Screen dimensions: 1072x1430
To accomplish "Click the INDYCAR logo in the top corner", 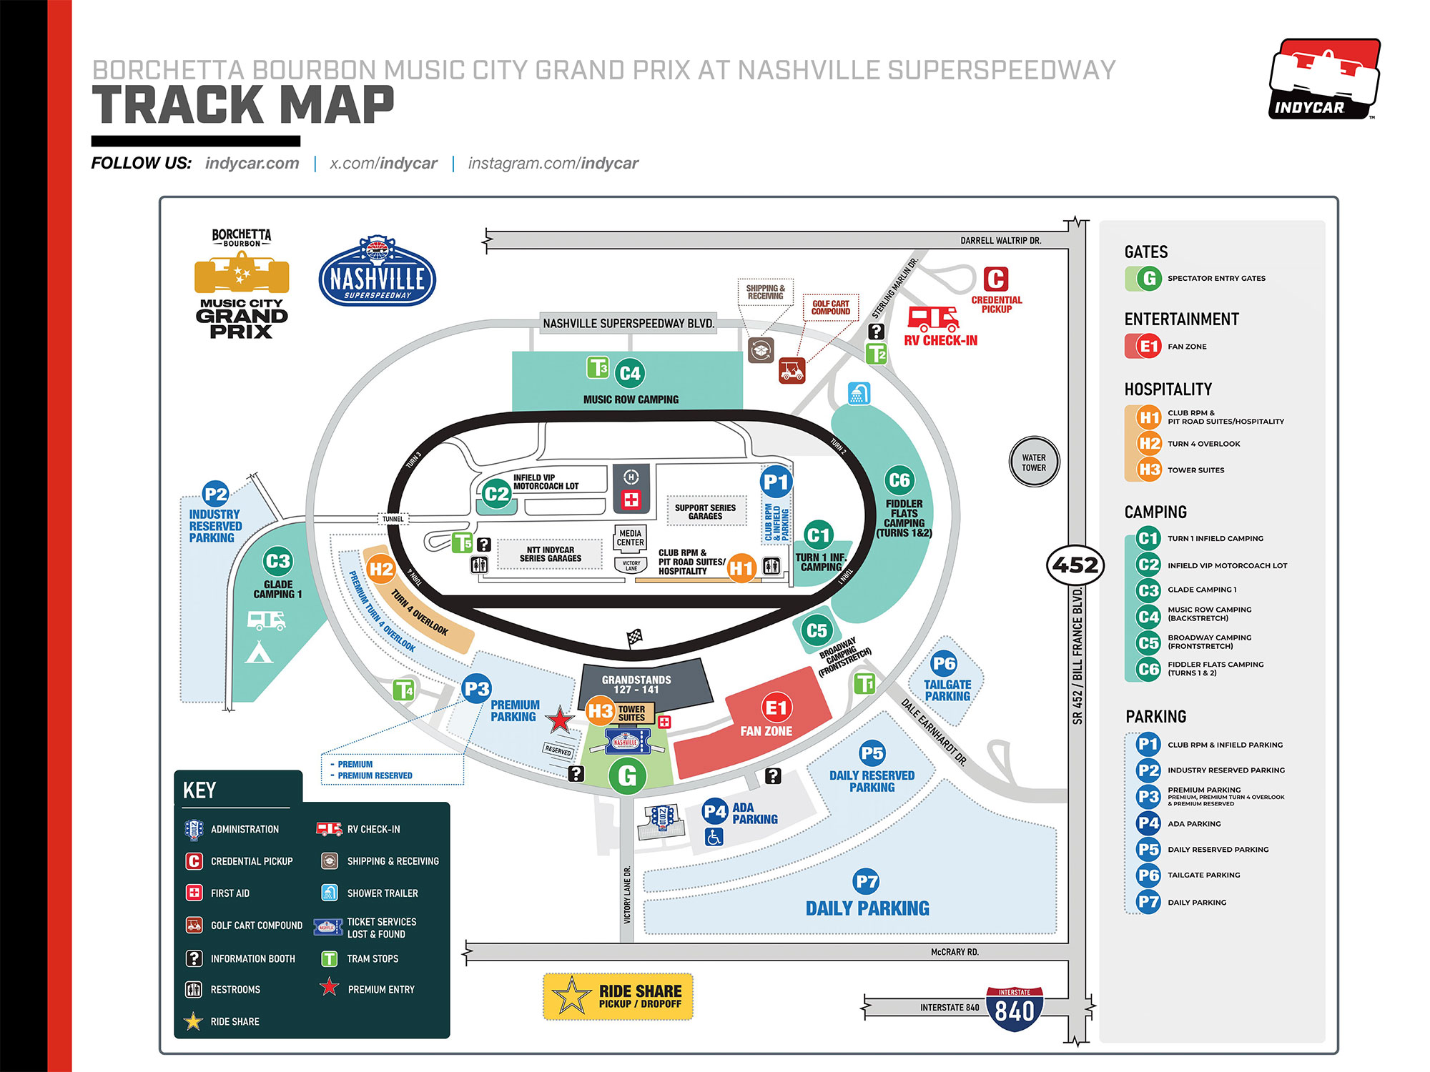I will [x=1324, y=79].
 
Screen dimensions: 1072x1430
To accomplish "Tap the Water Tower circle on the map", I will [x=1034, y=462].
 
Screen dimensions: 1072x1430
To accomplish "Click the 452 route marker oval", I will [x=1075, y=565].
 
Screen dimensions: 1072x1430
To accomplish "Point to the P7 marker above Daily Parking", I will [x=866, y=882].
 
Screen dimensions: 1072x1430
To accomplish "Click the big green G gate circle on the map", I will [x=627, y=775].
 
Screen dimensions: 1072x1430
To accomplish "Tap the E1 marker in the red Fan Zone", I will [x=776, y=708].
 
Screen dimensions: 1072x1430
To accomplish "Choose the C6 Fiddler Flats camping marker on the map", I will [x=899, y=480].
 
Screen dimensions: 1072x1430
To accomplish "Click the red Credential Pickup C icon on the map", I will [x=996, y=279].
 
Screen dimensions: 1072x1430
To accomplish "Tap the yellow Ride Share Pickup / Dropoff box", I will [x=618, y=996].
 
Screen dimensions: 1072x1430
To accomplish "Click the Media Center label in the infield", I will [x=630, y=537].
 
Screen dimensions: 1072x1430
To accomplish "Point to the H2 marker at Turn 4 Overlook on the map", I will [x=380, y=569].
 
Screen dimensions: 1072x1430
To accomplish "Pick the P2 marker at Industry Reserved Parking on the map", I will [x=215, y=494].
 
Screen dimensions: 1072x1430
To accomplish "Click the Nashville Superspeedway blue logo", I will [x=377, y=272].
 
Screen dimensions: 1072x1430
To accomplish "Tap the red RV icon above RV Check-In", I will [x=932, y=319].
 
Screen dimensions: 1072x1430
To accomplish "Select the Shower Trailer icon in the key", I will [x=330, y=893].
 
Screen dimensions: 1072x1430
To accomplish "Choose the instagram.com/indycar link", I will [x=553, y=164].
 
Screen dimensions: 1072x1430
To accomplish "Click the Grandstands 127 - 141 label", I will [x=636, y=685].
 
